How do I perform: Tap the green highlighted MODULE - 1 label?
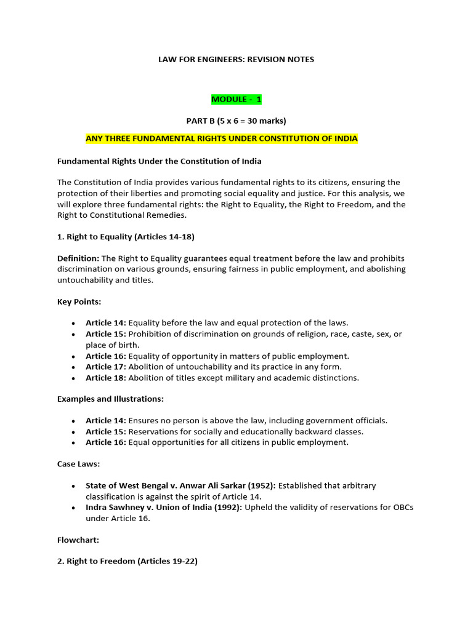[x=236, y=99]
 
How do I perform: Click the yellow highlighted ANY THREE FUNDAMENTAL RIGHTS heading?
[x=222, y=138]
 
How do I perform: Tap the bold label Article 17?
[x=106, y=367]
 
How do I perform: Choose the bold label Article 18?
[x=106, y=378]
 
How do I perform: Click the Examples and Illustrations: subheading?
[x=110, y=399]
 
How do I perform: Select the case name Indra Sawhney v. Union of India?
[x=155, y=508]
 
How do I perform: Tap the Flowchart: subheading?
[x=78, y=540]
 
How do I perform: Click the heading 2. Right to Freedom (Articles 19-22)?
[x=127, y=561]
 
